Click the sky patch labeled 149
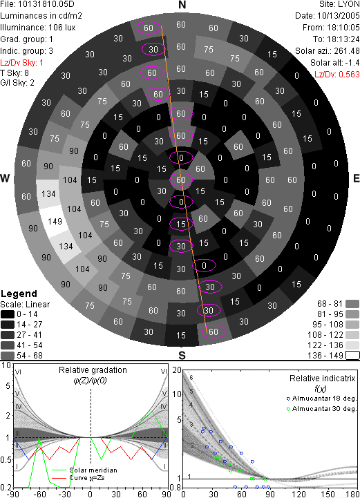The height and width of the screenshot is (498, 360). tap(54, 221)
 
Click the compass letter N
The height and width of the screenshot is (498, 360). tap(182, 5)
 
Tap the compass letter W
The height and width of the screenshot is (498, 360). tap(5, 178)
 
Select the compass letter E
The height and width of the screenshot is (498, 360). tap(356, 178)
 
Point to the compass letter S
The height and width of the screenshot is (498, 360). tap(182, 355)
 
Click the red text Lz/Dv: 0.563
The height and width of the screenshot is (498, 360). tap(337, 75)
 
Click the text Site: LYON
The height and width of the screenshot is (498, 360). tap(339, 4)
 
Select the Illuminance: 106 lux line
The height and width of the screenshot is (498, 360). tap(38, 28)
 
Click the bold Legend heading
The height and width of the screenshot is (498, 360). tap(19, 294)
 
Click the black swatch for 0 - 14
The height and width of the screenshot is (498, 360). tap(8, 314)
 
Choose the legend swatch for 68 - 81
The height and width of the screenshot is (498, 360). tap(352, 304)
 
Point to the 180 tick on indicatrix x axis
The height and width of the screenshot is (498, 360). tap(353, 494)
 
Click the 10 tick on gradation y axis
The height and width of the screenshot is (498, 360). tap(6, 365)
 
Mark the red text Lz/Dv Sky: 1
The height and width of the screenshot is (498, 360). tap(21, 63)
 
